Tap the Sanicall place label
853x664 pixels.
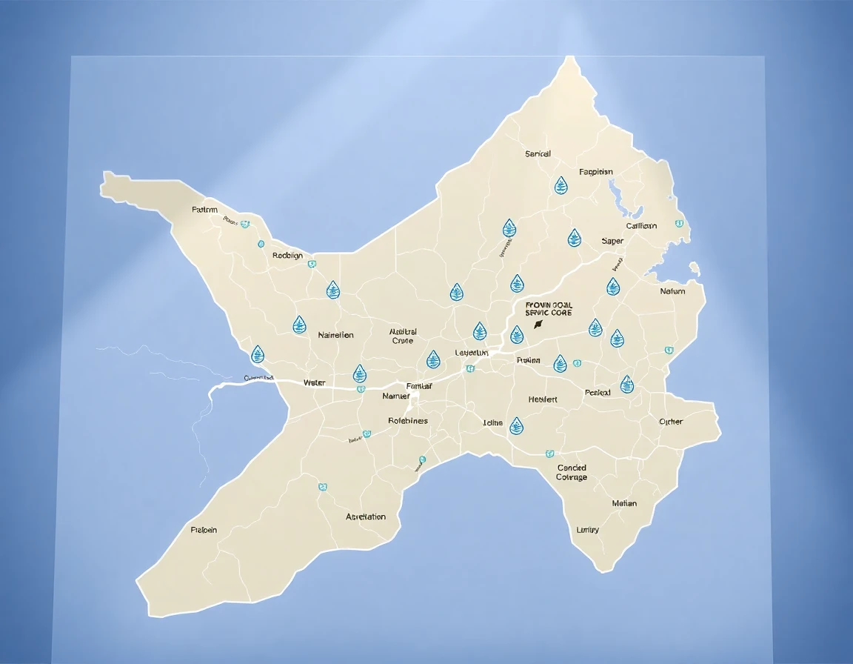[x=538, y=154]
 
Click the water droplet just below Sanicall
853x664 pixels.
[x=561, y=185]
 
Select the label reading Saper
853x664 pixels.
[x=612, y=241]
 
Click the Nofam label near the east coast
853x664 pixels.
[x=672, y=291]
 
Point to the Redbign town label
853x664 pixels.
[x=287, y=255]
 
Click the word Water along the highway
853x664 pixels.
[x=314, y=382]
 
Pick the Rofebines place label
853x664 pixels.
[x=408, y=420]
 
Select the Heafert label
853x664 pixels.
[x=543, y=399]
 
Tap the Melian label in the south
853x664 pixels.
[x=624, y=503]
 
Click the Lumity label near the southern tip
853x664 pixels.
[x=588, y=530]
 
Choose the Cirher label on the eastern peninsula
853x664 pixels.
[x=671, y=422]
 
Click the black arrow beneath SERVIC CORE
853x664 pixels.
[x=538, y=324]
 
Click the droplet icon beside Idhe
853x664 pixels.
[x=516, y=425]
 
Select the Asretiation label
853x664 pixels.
[x=366, y=517]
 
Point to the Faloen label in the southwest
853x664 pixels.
[x=204, y=530]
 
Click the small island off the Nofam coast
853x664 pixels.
[x=694, y=268]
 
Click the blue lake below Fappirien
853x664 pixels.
[x=614, y=196]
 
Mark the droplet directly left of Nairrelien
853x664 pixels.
[x=299, y=325]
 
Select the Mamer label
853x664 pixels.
[x=395, y=396]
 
